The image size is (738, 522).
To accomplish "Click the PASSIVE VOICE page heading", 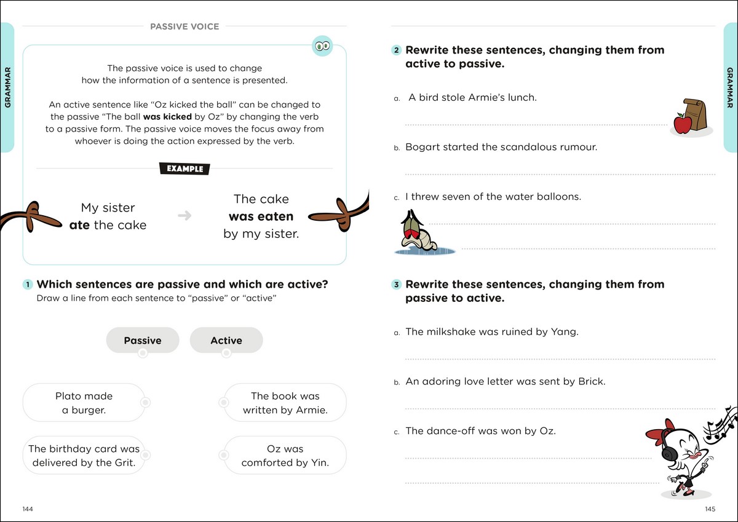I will click(184, 26).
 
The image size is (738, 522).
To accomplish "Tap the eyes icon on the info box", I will click(322, 45).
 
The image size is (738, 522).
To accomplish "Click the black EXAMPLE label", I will click(184, 168).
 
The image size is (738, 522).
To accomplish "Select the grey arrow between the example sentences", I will click(184, 216).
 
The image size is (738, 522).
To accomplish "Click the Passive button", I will click(143, 340).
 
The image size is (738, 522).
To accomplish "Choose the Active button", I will click(226, 340).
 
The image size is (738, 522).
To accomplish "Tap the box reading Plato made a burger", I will click(84, 403).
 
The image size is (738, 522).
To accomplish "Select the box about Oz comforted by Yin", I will click(285, 456).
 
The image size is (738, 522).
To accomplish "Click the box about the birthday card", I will click(84, 456).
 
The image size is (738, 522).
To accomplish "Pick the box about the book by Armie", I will click(285, 403).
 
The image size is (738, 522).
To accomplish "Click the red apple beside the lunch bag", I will click(683, 124).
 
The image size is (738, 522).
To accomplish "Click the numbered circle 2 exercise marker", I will click(397, 50).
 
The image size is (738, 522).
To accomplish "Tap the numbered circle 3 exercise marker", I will click(397, 285).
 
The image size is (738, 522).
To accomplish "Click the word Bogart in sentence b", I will click(423, 148).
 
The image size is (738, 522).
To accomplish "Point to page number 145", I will click(710, 509).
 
